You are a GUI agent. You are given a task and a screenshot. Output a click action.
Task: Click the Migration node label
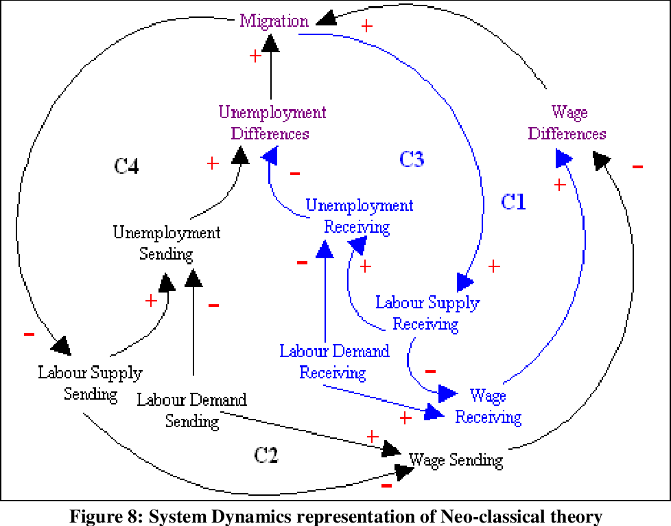(274, 21)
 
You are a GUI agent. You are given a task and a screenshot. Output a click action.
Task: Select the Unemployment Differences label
(272, 122)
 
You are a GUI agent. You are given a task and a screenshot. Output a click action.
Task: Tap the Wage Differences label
(567, 122)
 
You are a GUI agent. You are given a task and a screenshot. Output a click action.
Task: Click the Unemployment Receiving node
(359, 216)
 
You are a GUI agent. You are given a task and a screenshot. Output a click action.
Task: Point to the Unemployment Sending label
(167, 243)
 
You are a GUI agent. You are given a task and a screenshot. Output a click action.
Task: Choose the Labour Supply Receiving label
(427, 312)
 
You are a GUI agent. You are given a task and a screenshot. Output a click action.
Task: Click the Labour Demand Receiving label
(333, 362)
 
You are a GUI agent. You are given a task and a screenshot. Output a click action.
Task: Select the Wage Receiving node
(488, 406)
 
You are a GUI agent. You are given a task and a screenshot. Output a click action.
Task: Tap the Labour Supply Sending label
(90, 383)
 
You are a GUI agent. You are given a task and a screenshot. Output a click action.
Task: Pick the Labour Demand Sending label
(191, 409)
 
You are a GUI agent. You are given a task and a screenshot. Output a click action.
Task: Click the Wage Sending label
(456, 459)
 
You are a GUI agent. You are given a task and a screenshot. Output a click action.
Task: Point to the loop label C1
(513, 202)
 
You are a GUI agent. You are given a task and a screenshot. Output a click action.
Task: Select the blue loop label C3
(412, 159)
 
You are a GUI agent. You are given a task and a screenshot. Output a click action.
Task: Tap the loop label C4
(126, 165)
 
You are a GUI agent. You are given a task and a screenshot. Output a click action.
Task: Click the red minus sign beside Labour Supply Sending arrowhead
(29, 334)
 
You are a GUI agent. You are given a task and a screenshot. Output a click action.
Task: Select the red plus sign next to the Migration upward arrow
(255, 56)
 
